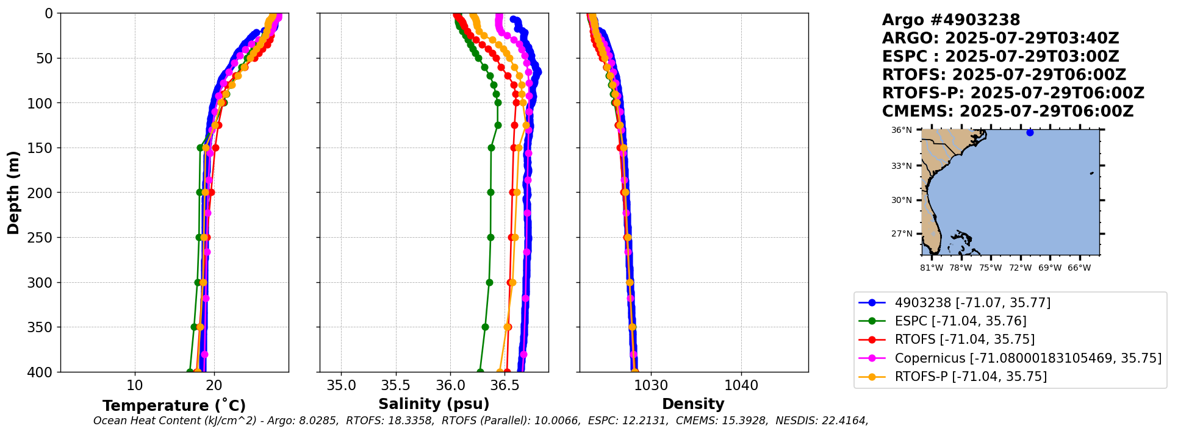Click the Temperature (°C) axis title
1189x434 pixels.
(174, 406)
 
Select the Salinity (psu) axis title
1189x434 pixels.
(434, 404)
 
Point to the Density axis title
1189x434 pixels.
(693, 404)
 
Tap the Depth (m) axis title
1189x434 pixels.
(13, 193)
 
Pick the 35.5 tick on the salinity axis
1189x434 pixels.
(396, 385)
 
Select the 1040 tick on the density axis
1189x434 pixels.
(741, 385)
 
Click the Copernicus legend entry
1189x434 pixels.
(1027, 358)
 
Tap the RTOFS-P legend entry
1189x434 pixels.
(970, 377)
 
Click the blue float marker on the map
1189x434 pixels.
(1030, 132)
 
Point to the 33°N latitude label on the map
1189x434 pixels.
(902, 166)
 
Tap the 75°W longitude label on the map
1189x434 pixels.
(990, 268)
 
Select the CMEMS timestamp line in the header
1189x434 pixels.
(1007, 112)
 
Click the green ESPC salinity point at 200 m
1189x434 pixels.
(490, 193)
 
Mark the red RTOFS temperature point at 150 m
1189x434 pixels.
(215, 148)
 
